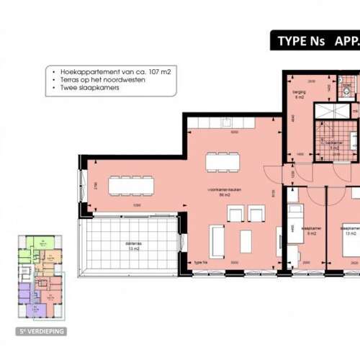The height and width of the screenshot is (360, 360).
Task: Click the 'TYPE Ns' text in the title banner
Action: (302, 41)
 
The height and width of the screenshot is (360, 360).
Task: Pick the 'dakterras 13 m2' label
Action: (132, 247)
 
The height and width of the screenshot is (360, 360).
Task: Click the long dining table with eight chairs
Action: (131, 186)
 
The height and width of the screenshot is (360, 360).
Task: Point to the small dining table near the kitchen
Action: (221, 162)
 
